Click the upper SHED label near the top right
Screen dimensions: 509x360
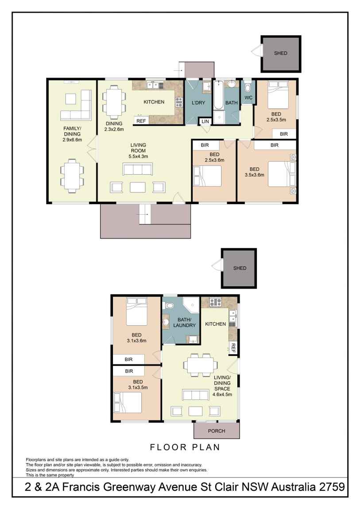280,53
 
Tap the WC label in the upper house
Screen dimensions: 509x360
248,98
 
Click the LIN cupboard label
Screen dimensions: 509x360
205,121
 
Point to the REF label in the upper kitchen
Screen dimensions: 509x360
141,121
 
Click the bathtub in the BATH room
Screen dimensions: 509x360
218,95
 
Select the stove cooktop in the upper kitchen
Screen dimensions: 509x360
179,102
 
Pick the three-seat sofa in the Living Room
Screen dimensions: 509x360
137,169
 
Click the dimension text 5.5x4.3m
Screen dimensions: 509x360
138,156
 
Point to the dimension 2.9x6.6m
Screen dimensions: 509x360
72,139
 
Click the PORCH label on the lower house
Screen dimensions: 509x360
217,431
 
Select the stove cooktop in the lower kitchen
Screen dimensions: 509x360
215,303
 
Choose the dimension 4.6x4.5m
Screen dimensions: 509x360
222,395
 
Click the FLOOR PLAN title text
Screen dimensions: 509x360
185,447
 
